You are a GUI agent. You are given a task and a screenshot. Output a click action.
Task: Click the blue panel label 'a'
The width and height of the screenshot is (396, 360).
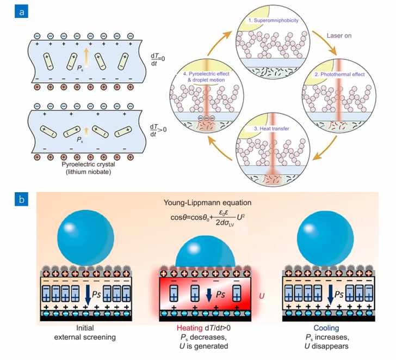point(21,11)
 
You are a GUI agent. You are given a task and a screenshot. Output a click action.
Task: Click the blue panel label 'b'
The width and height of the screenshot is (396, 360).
point(21,199)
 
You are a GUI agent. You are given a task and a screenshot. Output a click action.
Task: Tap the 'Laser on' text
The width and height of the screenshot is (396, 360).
point(339,35)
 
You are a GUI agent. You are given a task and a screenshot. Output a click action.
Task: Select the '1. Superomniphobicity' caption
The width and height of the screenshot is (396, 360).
point(273,21)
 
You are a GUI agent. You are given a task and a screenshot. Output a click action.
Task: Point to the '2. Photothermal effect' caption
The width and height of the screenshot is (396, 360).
point(339,74)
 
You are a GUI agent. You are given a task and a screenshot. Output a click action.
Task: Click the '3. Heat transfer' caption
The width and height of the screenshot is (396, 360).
point(271,129)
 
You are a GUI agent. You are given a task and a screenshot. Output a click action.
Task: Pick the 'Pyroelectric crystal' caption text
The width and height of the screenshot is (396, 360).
point(88,164)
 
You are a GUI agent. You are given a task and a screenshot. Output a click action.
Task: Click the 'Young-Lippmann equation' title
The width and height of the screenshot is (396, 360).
point(207,203)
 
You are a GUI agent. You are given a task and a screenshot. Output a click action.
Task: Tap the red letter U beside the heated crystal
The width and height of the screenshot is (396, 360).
point(262,296)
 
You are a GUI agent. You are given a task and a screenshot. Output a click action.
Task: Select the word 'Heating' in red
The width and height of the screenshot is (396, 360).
point(189,328)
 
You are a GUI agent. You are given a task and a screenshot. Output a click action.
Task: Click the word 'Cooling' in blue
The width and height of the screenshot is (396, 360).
point(326,328)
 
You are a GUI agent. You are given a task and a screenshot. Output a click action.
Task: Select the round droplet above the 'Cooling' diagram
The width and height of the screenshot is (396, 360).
point(325,239)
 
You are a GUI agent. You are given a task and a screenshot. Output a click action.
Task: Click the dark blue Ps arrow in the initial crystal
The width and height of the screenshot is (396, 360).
point(88,291)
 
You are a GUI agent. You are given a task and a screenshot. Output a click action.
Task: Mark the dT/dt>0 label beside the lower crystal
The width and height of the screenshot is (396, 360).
point(158,130)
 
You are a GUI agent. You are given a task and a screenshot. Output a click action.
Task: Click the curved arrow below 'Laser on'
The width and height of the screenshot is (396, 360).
point(325,42)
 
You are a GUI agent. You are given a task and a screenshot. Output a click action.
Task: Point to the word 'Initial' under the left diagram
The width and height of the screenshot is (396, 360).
point(85,328)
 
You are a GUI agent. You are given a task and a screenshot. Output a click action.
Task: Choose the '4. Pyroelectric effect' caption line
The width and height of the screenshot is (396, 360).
point(206,74)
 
